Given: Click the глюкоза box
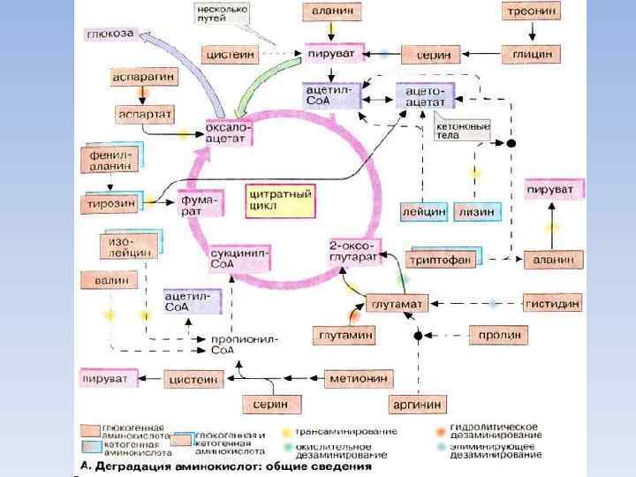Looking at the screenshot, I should [110, 34].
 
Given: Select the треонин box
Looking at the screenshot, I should [531, 11].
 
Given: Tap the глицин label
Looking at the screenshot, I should [532, 54].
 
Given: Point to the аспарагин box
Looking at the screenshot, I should [143, 78].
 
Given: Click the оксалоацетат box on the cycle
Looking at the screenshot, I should [230, 133].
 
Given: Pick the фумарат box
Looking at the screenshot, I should [200, 204].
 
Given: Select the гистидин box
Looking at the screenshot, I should [552, 303].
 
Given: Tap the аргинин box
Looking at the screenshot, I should [415, 405].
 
